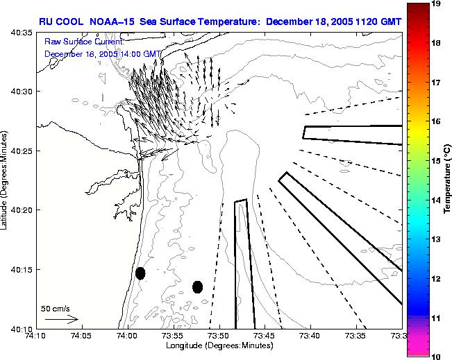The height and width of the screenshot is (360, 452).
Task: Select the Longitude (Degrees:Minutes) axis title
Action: click(217, 345)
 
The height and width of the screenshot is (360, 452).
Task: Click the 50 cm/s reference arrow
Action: click(61, 319)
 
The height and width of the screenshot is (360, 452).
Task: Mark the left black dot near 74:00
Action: click(140, 273)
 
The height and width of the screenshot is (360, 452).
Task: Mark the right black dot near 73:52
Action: click(198, 286)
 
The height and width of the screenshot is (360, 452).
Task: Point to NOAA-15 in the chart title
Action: click(112, 21)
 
